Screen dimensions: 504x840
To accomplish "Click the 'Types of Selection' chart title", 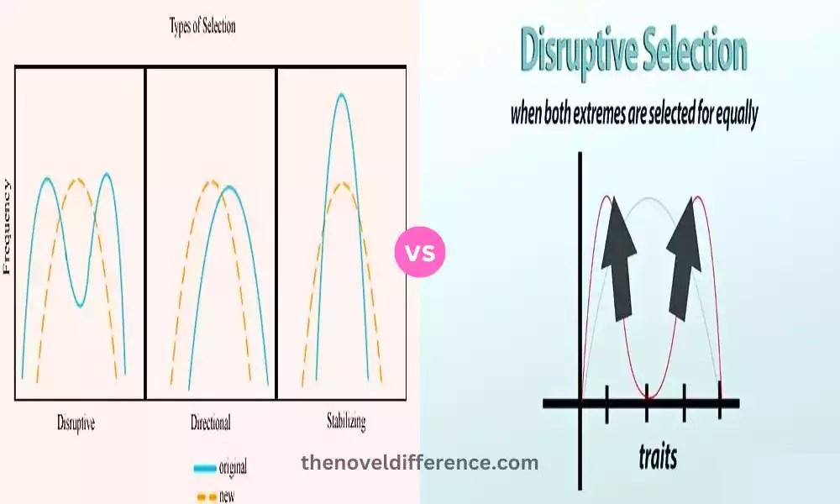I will coord(203,26).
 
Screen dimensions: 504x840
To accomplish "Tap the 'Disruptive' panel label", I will coord(76,423).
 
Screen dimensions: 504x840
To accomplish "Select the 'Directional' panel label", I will coord(209,423).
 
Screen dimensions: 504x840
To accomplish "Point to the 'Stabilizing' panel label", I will coord(346,420).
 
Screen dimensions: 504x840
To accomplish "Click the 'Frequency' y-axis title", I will coord(8,227).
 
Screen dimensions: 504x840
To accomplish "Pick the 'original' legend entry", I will coord(232,467).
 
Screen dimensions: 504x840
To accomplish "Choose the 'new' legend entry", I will coord(227,496).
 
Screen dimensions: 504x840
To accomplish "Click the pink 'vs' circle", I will coord(420,251).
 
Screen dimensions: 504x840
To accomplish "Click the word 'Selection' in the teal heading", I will coord(696,52).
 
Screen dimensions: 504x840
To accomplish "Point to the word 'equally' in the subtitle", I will coord(727,115).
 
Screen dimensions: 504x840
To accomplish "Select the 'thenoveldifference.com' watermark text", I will coord(419,462).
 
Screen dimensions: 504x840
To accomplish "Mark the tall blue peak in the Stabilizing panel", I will coord(340,95).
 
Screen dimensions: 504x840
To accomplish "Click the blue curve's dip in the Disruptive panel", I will coord(79,305).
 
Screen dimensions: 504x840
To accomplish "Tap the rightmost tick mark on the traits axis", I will coord(720,402).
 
